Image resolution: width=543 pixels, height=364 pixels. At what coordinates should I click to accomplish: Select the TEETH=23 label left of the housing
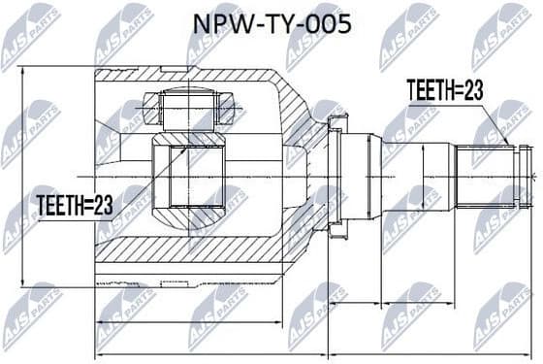[76, 204]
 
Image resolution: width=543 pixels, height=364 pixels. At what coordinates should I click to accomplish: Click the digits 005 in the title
[329, 23]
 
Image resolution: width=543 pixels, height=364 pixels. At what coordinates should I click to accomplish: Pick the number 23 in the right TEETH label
[471, 90]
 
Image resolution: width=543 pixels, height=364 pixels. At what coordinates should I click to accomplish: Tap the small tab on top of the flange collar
[337, 118]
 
